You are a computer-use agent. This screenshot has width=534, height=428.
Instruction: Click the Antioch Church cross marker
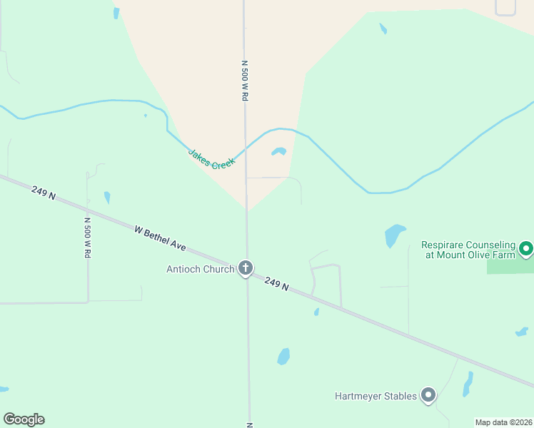pyautogui.click(x=246, y=268)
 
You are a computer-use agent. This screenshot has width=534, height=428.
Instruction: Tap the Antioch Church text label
pyautogui.click(x=200, y=269)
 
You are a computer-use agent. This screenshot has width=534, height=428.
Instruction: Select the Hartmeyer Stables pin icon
pyautogui.click(x=428, y=394)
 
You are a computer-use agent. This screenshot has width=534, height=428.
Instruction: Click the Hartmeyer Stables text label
pyautogui.click(x=376, y=396)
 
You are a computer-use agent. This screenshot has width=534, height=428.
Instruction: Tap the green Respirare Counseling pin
pyautogui.click(x=526, y=249)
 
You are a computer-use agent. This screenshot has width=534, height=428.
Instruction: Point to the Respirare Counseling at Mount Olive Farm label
pyautogui.click(x=468, y=249)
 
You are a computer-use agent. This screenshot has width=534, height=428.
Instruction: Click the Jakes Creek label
pyautogui.click(x=211, y=159)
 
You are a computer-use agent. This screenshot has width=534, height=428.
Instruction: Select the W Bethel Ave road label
pyautogui.click(x=161, y=238)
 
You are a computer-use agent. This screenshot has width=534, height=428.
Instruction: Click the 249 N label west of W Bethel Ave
pyautogui.click(x=44, y=193)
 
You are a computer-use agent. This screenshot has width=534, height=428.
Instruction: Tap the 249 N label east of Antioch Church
pyautogui.click(x=276, y=283)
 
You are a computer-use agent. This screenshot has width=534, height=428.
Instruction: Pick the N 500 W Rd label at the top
pyautogui.click(x=244, y=80)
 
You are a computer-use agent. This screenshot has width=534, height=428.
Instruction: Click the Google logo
pyautogui.click(x=24, y=419)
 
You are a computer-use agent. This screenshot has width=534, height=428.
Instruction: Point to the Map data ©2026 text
pyautogui.click(x=503, y=422)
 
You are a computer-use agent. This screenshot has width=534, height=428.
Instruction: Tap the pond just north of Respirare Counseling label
pyautogui.click(x=394, y=235)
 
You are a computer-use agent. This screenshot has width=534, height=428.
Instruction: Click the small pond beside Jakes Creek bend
pyautogui.click(x=278, y=151)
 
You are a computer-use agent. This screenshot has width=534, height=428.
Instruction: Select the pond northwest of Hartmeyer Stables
pyautogui.click(x=283, y=356)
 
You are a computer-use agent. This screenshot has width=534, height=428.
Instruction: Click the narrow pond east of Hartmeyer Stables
pyautogui.click(x=468, y=384)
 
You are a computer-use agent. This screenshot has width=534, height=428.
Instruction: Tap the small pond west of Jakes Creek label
pyautogui.click(x=107, y=198)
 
